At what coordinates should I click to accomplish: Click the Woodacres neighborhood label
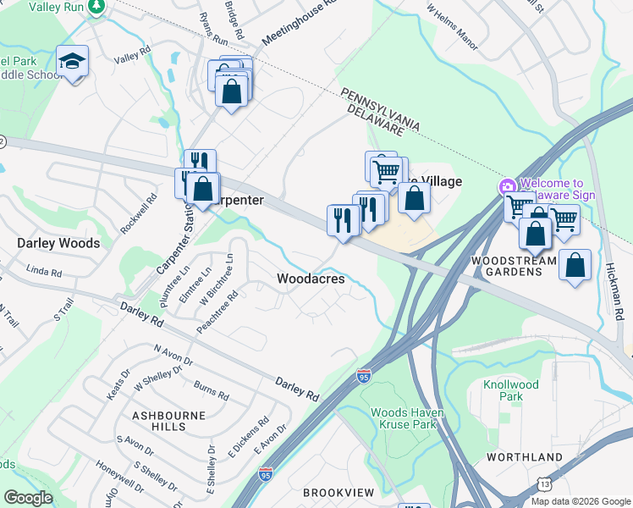tap(311, 279)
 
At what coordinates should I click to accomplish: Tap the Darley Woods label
tap(58, 243)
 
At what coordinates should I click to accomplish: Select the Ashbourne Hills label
tap(158, 421)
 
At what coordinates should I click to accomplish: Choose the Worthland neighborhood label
tap(524, 457)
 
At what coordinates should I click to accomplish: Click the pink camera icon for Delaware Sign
tap(507, 187)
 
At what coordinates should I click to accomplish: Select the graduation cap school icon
tap(73, 62)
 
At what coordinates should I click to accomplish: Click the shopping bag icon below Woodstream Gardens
tap(575, 265)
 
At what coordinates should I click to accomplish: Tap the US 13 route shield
tap(541, 483)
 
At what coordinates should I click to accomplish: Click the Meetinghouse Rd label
tap(299, 23)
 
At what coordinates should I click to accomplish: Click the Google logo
tap(28, 498)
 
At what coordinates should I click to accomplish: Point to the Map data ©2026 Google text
tap(580, 501)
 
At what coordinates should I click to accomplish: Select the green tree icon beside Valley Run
tap(96, 7)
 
